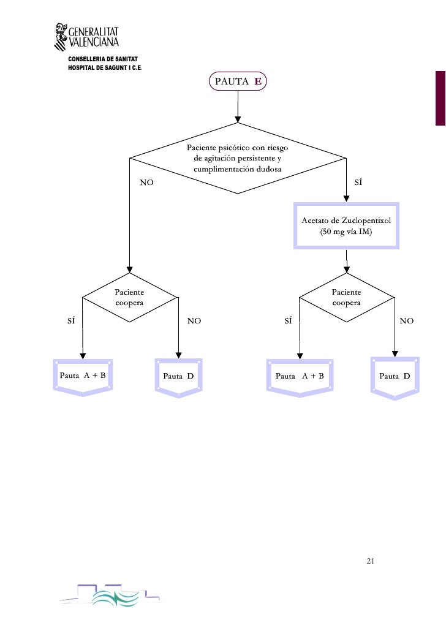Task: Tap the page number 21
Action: tap(370, 561)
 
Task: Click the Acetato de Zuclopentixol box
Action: tap(346, 225)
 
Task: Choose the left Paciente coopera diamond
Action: tap(129, 298)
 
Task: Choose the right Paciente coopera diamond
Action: tap(346, 298)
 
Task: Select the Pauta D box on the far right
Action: tap(395, 376)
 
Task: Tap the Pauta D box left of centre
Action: tap(178, 376)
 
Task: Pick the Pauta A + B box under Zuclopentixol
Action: tap(300, 376)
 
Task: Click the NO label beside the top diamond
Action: tap(147, 183)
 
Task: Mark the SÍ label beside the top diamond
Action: tap(359, 183)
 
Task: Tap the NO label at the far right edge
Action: tap(407, 320)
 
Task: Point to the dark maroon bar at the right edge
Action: tap(440, 98)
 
